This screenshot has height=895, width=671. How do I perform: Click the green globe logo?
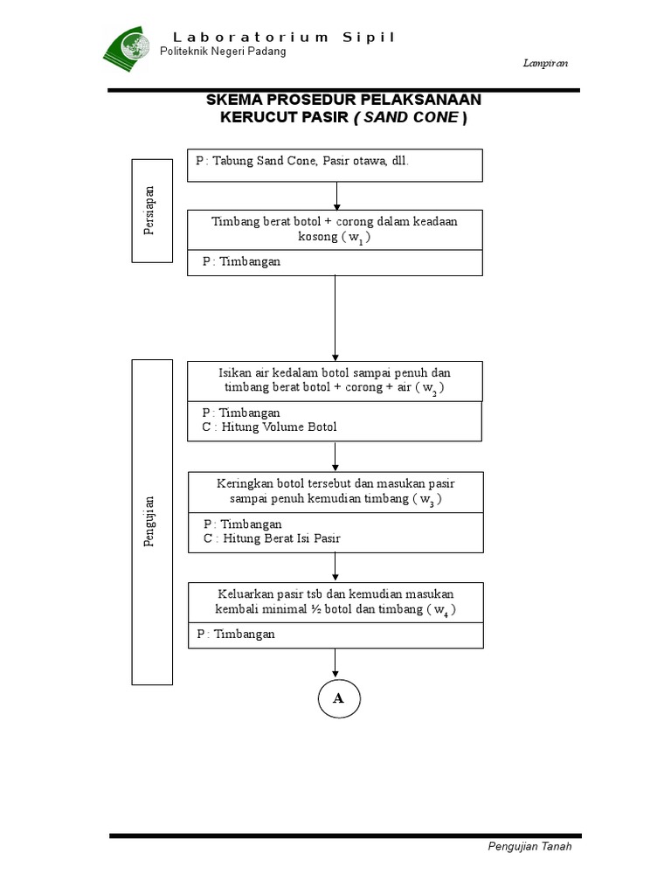point(128,47)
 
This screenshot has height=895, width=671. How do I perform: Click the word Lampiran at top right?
point(547,63)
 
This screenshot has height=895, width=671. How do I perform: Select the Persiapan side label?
point(149,211)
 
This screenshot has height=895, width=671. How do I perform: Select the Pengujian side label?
point(149,521)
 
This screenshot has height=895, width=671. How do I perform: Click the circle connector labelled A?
point(338,698)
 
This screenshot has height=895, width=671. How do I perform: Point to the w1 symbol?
point(356,238)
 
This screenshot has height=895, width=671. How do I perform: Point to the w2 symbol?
point(430,389)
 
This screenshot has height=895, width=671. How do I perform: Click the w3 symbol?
point(426,499)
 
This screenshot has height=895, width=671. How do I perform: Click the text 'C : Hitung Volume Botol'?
point(269,427)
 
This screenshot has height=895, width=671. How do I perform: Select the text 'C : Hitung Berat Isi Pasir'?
point(272,538)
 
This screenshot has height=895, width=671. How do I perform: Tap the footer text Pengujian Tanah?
point(529,846)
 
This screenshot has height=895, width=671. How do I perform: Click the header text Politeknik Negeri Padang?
point(223,52)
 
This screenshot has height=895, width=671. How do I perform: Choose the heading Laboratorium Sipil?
point(284,37)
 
